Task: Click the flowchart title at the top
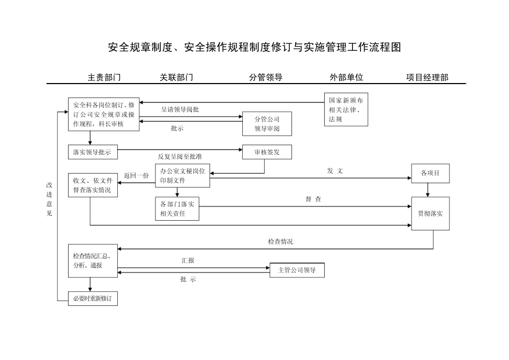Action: (254, 47)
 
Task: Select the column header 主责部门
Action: (104, 77)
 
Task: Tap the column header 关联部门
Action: (177, 77)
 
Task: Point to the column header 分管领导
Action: (266, 77)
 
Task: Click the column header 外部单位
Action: (347, 77)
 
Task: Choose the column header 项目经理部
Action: (427, 77)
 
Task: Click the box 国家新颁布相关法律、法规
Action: (346, 110)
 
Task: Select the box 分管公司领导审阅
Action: (267, 124)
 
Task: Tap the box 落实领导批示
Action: (93, 152)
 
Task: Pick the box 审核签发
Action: (267, 152)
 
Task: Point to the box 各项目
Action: (430, 173)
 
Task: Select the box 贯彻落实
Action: (430, 213)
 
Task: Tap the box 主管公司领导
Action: (297, 270)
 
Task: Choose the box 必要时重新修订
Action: (93, 298)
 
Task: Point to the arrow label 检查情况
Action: (280, 242)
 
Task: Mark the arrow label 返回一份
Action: (136, 175)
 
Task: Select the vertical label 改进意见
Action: (49, 199)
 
